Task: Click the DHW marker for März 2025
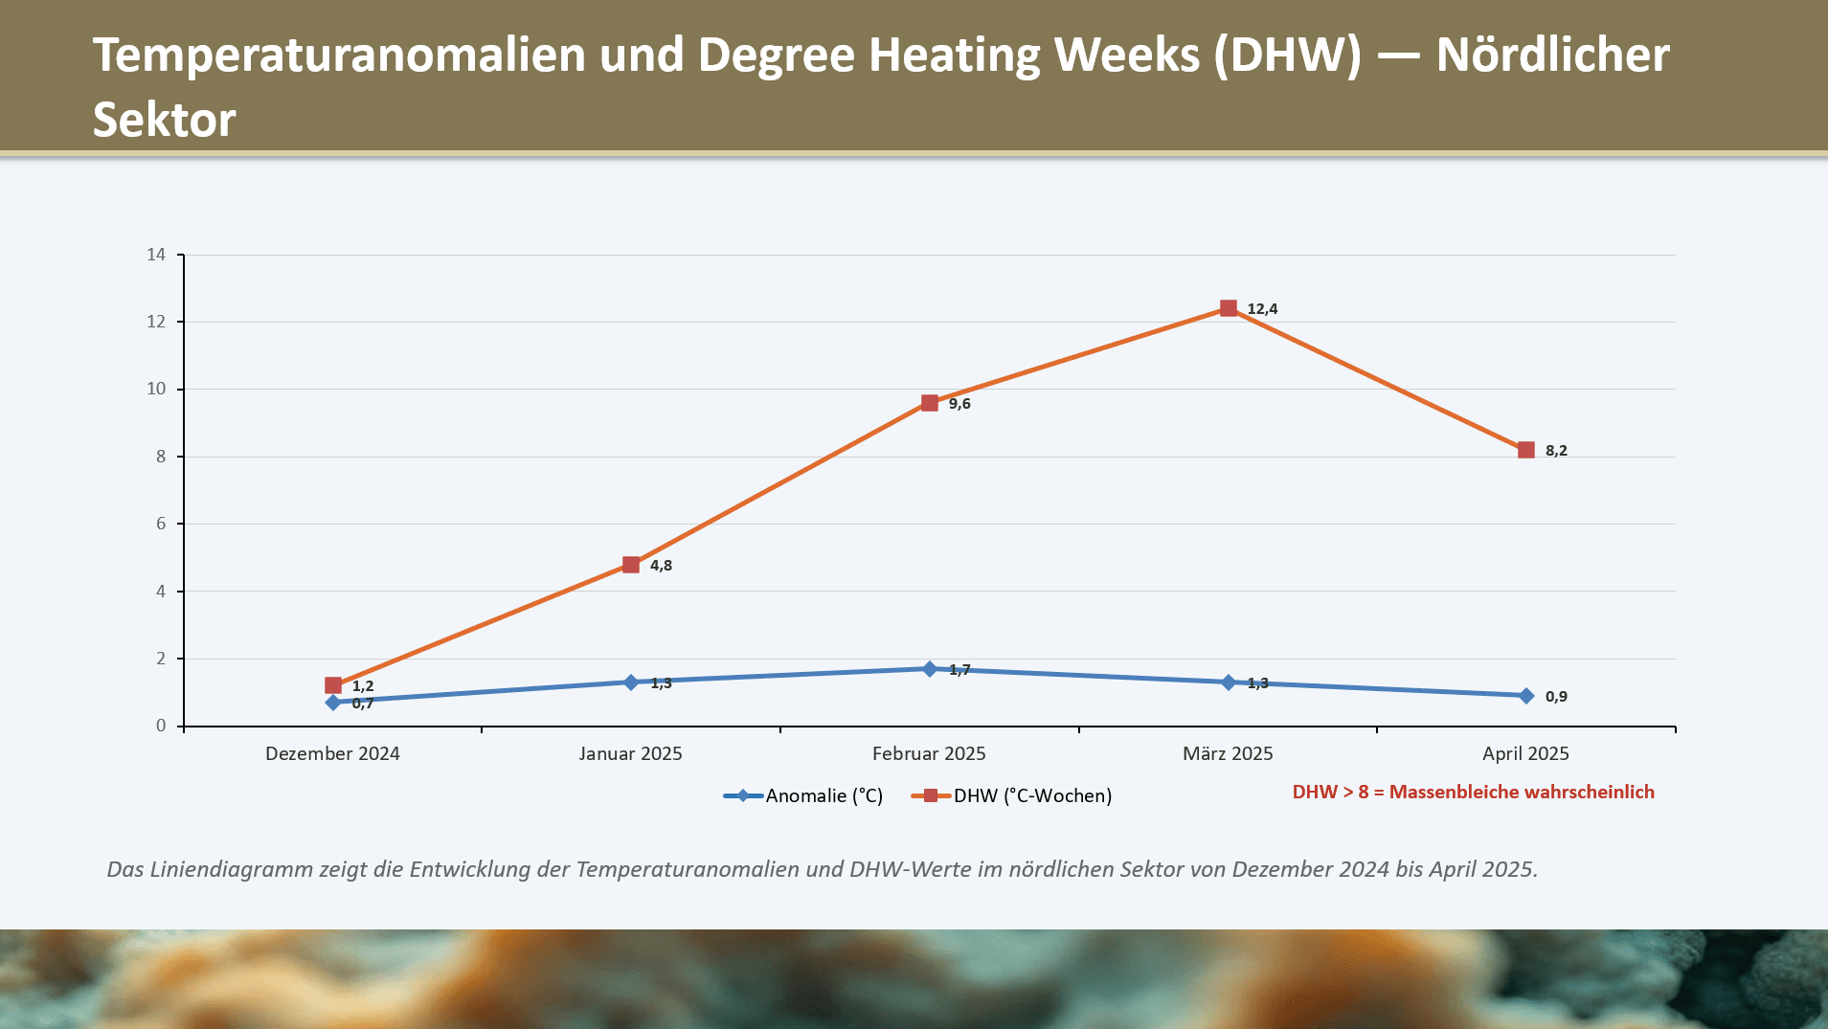1228,308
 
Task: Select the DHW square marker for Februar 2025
929,403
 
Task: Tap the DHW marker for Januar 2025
631,565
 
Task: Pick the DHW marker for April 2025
1526,450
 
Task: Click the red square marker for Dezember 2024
333,685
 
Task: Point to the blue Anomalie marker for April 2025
1526,696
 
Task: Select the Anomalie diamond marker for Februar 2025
929,669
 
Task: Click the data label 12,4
1262,309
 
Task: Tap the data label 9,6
959,404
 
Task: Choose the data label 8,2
1556,451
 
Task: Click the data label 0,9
1556,697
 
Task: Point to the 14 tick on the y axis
156,255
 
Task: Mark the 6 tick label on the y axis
161,524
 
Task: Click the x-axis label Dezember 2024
332,753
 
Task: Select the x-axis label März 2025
1228,753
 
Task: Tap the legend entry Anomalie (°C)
824,795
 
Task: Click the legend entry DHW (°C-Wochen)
1032,795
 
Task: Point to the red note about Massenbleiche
1473,792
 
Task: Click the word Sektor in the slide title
164,120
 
